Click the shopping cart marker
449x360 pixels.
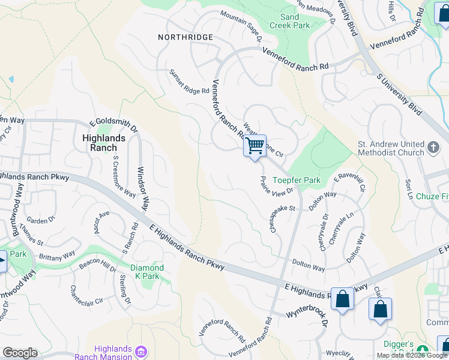tap(255, 146)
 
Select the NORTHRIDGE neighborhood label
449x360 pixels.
tap(185, 37)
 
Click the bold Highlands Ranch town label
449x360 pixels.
tap(103, 143)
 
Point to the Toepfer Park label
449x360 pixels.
tap(297, 180)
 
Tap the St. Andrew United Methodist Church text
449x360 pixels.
tap(391, 148)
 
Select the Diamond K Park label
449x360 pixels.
tap(147, 272)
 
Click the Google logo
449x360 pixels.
tap(20, 353)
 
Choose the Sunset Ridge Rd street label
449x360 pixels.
tap(188, 82)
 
